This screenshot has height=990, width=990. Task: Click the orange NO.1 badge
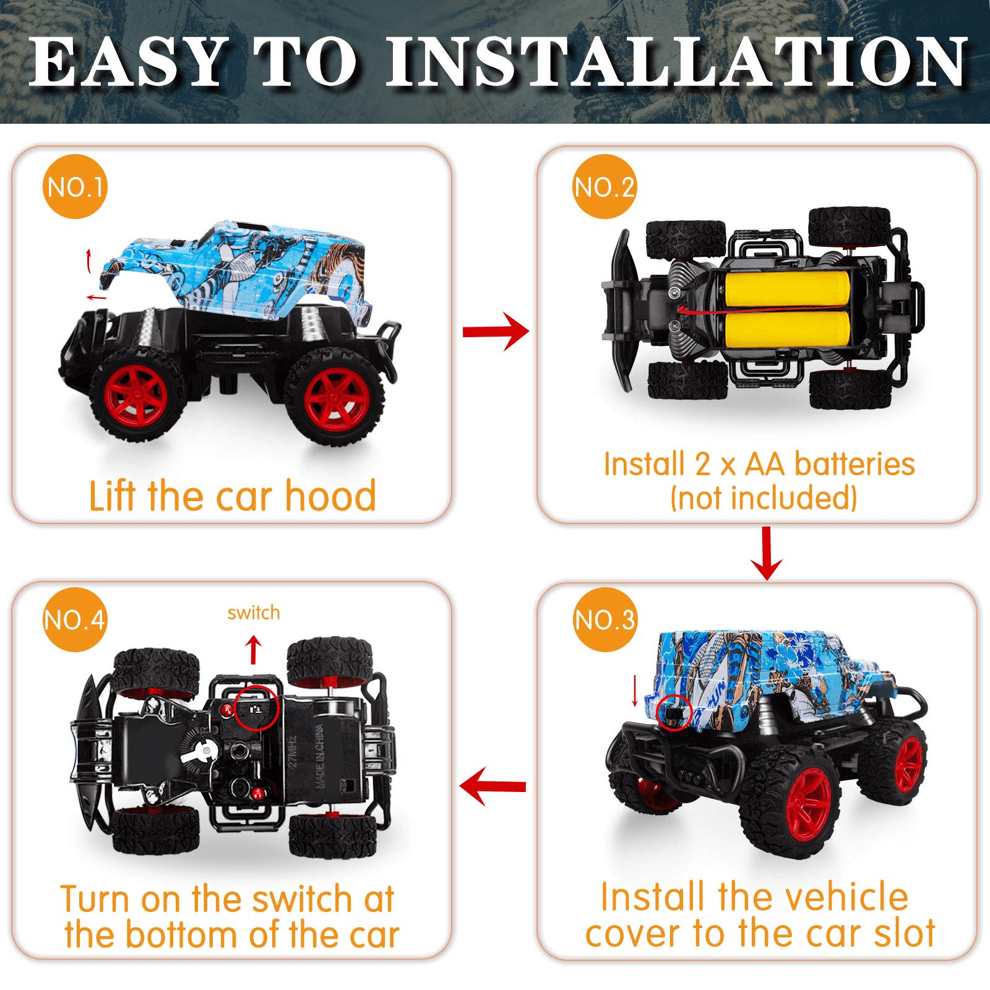click(x=75, y=187)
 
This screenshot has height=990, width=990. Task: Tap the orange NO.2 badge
click(x=605, y=187)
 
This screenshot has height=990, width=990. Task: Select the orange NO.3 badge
click(x=605, y=619)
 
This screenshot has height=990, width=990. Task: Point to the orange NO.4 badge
click(x=75, y=619)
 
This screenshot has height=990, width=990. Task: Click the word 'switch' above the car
click(x=254, y=613)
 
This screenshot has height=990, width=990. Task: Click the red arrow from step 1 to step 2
click(x=496, y=332)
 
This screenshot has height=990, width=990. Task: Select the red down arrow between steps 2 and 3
click(x=767, y=553)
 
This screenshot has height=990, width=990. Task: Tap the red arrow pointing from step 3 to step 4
click(x=493, y=786)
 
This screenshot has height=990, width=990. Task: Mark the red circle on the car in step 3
click(x=674, y=713)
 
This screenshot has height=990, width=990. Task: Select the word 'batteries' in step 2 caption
click(x=854, y=464)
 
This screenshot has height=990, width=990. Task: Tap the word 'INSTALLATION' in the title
click(x=677, y=62)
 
